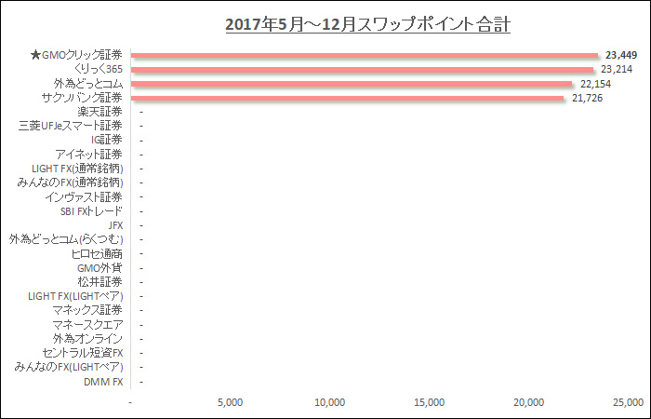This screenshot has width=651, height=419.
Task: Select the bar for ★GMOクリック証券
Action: coord(365,56)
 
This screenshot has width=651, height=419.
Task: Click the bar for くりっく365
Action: coord(363,70)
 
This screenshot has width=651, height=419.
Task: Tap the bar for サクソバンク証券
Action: coord(348,98)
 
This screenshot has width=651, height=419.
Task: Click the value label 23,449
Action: coord(622,56)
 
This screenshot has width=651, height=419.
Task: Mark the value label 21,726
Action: coord(588,98)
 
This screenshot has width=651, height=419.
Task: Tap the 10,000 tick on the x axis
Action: coord(330,402)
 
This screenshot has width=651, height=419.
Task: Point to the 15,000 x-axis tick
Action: coord(430,402)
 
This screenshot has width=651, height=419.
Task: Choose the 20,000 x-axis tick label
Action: coord(529,402)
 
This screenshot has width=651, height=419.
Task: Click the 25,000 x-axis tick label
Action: coord(628,402)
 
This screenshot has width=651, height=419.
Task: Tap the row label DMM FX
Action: coord(103,382)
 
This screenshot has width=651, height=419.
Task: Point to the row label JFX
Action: coord(115,225)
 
